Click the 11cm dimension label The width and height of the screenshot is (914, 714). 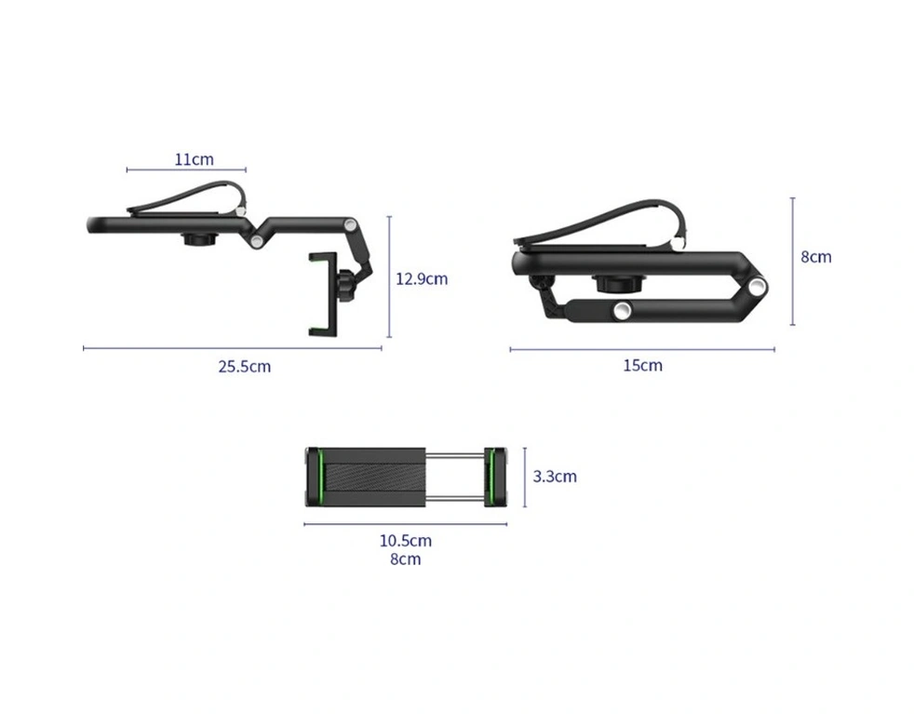195,159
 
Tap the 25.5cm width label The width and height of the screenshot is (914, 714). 244,367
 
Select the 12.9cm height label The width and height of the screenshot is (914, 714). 422,278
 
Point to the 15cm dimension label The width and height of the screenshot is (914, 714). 642,366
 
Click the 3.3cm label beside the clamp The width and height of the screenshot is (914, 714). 555,477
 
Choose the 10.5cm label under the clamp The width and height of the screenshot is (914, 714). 406,541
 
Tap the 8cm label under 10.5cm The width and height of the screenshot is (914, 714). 405,559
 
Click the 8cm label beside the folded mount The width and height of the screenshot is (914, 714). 815,257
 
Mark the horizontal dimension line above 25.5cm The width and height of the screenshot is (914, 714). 233,348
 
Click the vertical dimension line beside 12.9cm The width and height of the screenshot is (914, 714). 389,276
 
